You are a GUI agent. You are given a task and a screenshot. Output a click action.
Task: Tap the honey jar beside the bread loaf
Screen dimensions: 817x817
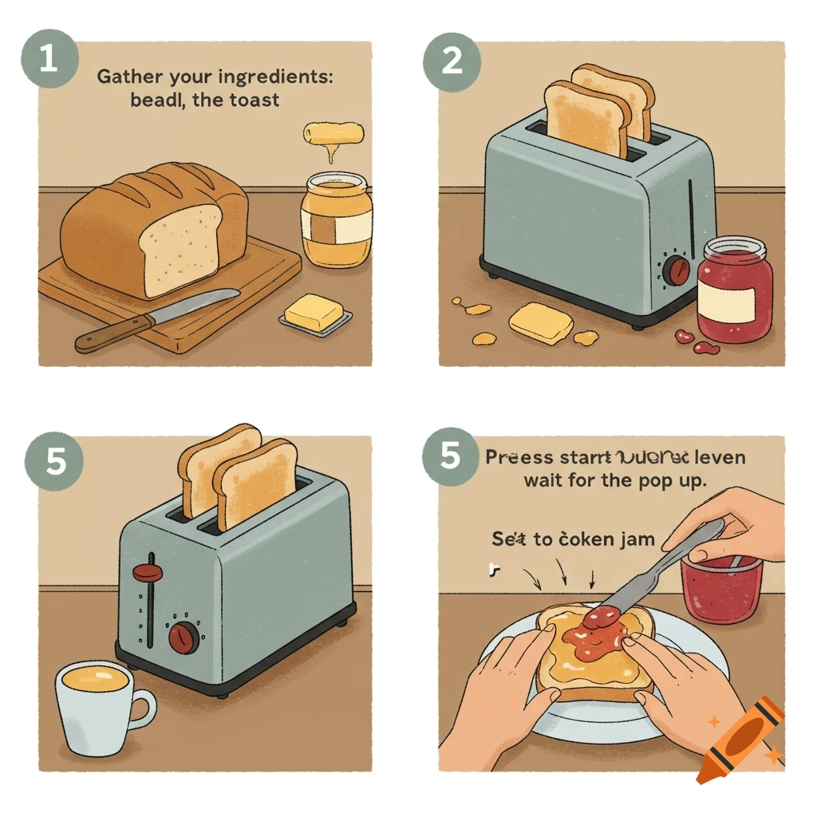(336, 221)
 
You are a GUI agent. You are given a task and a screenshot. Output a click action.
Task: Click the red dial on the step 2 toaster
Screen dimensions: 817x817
(677, 270)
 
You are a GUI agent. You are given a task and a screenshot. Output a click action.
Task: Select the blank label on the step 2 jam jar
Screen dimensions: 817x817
(726, 304)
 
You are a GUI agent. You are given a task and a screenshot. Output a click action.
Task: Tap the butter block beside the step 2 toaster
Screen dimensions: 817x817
(541, 322)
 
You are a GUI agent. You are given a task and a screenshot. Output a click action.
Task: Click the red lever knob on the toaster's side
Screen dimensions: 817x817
(146, 571)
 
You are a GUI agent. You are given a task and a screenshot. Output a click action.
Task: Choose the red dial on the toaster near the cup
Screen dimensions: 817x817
(184, 637)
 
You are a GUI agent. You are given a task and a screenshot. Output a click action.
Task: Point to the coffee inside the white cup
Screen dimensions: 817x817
(94, 680)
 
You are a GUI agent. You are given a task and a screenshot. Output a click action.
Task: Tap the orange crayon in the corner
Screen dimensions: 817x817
(740, 739)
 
